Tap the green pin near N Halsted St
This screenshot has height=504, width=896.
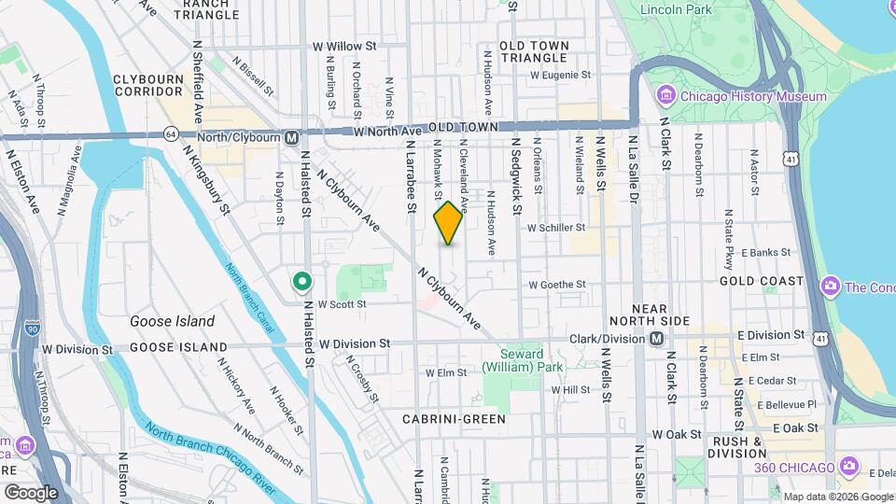click(x=301, y=280)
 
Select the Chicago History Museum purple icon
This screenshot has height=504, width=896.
click(x=666, y=96)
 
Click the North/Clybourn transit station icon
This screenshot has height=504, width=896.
click(x=292, y=137)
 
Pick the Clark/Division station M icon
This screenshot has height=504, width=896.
click(x=657, y=338)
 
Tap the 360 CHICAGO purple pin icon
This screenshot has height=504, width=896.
click(x=848, y=466)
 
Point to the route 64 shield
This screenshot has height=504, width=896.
click(x=170, y=134)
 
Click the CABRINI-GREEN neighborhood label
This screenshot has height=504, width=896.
click(x=454, y=419)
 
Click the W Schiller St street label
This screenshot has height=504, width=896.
click(x=556, y=227)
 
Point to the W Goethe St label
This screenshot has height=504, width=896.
click(x=557, y=285)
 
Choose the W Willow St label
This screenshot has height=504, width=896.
click(x=343, y=45)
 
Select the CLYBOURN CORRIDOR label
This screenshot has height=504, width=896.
click(x=147, y=85)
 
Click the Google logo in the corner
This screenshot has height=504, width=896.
click(x=31, y=492)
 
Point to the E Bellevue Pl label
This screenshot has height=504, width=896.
click(x=787, y=404)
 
